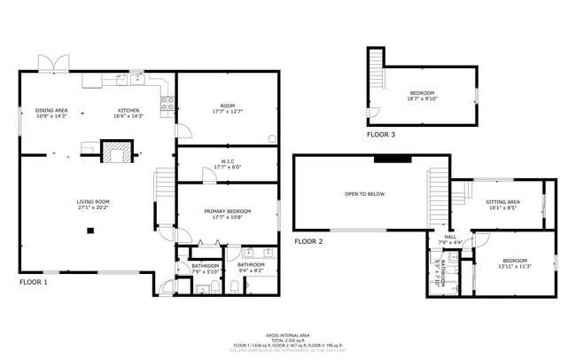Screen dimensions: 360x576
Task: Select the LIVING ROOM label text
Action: (x=92, y=204)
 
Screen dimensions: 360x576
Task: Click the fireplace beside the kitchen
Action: (x=115, y=154)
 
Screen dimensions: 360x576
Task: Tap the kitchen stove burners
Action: (x=166, y=106)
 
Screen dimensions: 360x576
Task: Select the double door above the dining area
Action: (x=51, y=64)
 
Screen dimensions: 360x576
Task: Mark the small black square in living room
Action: (x=90, y=231)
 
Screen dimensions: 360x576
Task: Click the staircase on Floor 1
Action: (x=164, y=186)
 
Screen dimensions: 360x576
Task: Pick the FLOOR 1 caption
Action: (x=34, y=282)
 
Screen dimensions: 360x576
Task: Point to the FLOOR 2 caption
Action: (x=308, y=241)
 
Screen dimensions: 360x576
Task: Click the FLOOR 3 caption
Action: (x=382, y=136)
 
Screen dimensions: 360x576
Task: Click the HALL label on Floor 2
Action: (x=450, y=239)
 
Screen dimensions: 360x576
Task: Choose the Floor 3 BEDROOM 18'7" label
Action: (x=422, y=96)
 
